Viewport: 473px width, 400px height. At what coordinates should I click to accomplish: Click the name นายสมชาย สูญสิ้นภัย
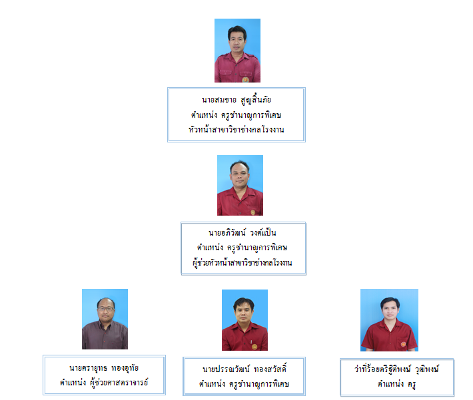(236, 99)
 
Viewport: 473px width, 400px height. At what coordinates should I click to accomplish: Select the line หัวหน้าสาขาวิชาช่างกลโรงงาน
(236, 130)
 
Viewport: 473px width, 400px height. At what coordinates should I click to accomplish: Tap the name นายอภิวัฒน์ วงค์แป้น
(242, 233)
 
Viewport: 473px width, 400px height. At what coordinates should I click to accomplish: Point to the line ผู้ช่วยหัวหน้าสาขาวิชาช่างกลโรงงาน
(242, 262)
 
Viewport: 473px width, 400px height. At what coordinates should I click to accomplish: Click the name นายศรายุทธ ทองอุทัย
(104, 368)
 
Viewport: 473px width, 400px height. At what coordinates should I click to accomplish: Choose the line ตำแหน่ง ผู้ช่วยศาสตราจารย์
(104, 383)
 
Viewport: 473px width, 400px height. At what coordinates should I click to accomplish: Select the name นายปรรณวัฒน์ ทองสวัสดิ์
(244, 369)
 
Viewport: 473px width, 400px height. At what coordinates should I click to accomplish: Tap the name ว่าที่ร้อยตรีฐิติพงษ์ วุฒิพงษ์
(396, 369)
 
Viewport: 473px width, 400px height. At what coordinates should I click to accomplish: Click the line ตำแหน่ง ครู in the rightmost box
(396, 384)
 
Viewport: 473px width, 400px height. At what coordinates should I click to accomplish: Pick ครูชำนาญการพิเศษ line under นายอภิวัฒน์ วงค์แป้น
(242, 248)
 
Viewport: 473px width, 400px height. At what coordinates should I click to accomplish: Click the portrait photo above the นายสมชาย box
(237, 51)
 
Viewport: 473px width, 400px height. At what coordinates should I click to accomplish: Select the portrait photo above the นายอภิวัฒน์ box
(240, 186)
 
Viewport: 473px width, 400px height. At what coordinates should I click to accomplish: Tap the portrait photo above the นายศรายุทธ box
(105, 319)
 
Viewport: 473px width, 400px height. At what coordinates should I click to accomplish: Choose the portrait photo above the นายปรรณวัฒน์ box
(244, 320)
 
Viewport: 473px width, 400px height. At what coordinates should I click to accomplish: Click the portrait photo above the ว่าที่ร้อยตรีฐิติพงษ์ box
(390, 320)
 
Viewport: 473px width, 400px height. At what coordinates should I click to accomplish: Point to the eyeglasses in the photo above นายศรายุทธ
(105, 309)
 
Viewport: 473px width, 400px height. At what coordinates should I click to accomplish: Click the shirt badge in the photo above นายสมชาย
(245, 80)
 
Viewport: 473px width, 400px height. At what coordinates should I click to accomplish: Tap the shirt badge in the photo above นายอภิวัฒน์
(253, 212)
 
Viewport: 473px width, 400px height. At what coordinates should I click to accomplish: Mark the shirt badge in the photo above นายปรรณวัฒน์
(254, 347)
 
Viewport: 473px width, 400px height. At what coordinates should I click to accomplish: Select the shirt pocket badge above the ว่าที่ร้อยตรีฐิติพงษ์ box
(403, 344)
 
